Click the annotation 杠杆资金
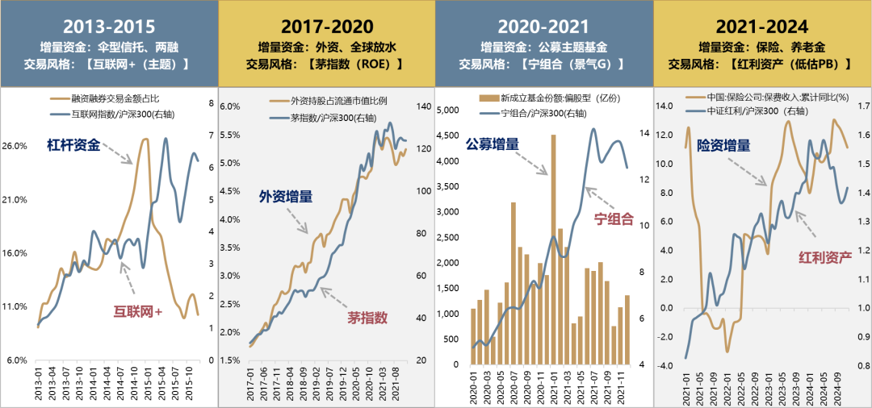(73, 145)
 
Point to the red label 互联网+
(136, 311)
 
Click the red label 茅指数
(367, 317)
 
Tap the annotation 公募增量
(493, 145)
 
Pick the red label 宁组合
(613, 219)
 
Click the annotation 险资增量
(723, 145)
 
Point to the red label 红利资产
(825, 257)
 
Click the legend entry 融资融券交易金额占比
(121, 99)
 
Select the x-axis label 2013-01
(38, 382)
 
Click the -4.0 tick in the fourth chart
(666, 365)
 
